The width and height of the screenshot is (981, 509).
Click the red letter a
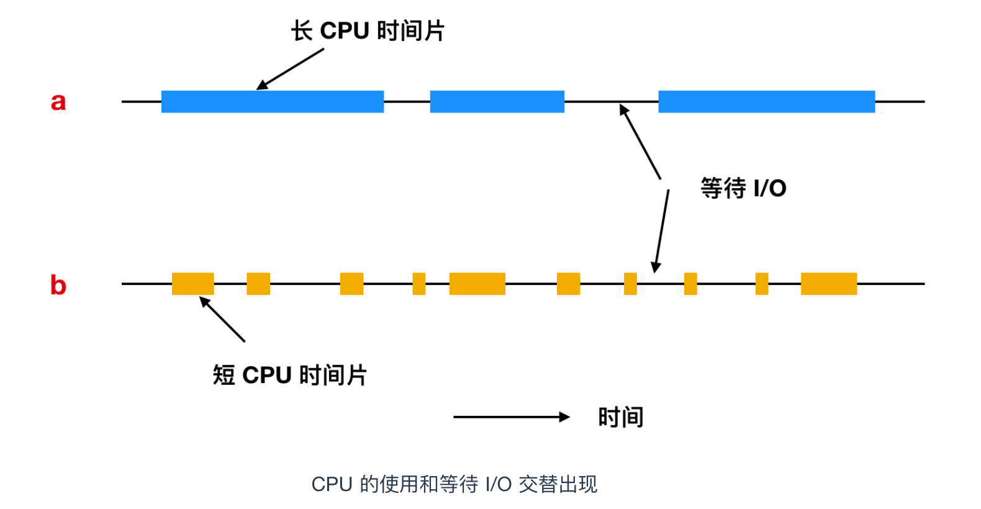coord(58,102)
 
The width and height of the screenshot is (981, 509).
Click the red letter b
coord(58,285)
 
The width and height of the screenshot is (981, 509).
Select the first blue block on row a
coord(273,102)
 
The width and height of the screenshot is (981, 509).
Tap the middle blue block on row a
coord(497,102)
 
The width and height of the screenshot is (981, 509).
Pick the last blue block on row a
coord(767,102)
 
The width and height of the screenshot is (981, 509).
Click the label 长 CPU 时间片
coord(368,31)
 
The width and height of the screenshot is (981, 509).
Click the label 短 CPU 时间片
coord(289,375)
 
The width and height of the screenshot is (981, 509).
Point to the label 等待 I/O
coord(743,188)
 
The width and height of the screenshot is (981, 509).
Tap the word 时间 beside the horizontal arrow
coord(620,417)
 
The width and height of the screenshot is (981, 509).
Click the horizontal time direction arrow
coord(512,417)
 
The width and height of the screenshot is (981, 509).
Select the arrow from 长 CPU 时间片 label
coord(290,69)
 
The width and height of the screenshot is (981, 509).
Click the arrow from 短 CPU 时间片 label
coord(222,319)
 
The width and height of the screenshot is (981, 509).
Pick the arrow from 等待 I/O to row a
coord(640,142)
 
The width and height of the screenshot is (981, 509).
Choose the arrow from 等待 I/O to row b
coord(661,231)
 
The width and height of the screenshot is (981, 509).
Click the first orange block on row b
coord(192,284)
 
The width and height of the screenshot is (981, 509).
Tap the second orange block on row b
coord(258,284)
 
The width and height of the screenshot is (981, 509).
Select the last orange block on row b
coord(829,284)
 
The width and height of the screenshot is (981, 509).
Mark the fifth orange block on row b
coord(477,284)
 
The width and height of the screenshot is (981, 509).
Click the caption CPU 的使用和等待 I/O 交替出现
coord(454,485)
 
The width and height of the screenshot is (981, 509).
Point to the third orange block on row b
coord(351,284)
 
